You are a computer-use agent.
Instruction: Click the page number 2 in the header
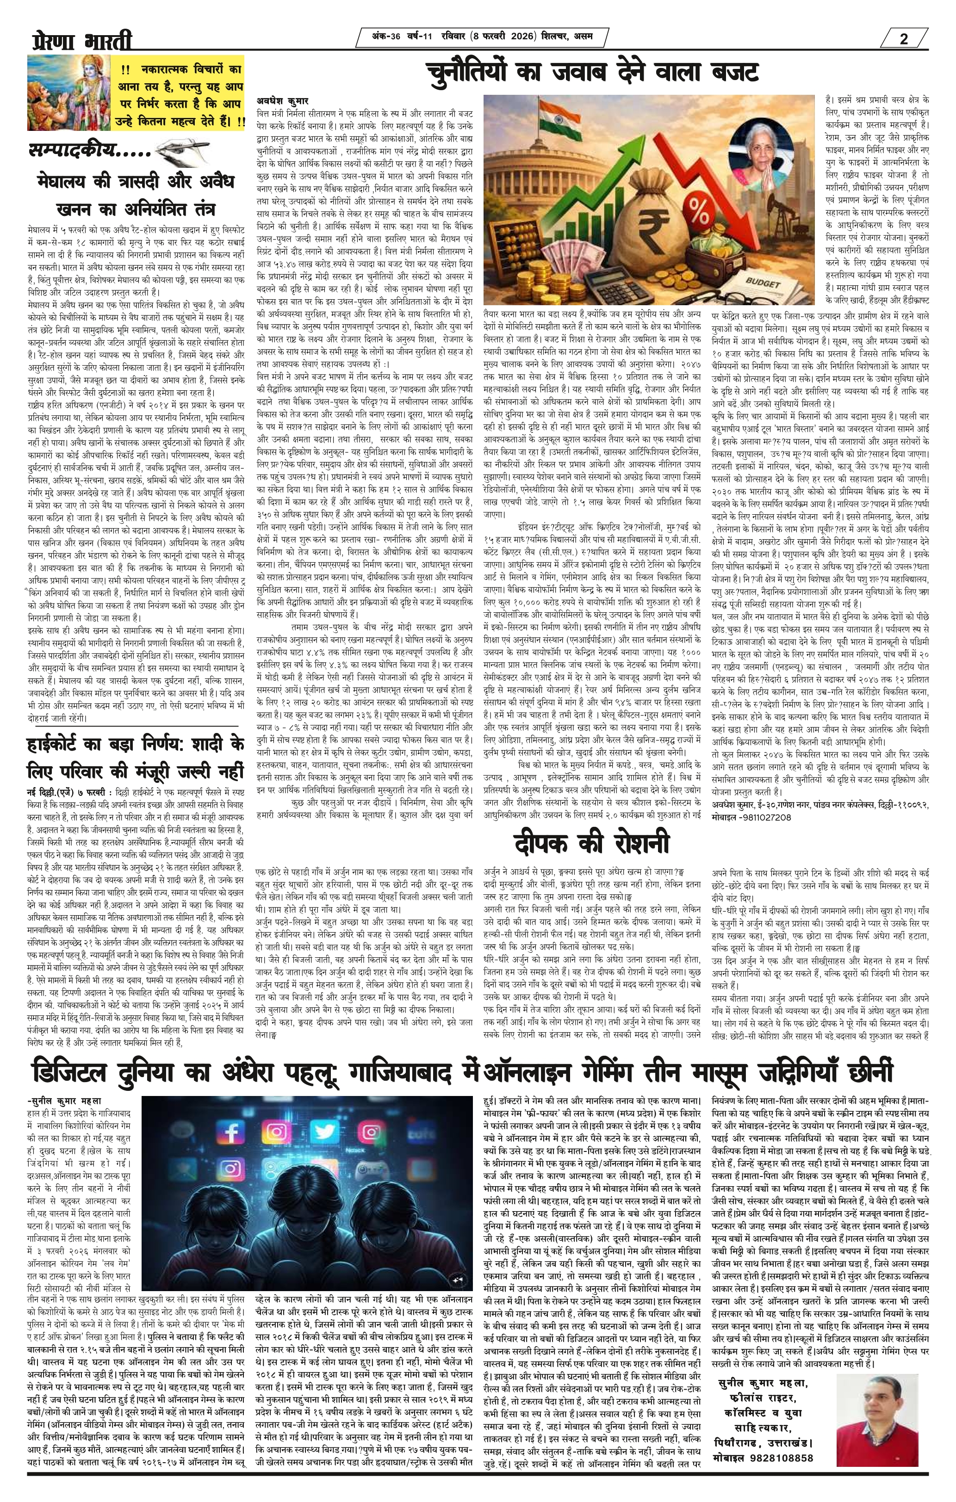(904, 39)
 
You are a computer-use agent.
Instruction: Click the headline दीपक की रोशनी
(591, 843)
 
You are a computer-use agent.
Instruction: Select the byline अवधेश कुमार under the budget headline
(282, 100)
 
